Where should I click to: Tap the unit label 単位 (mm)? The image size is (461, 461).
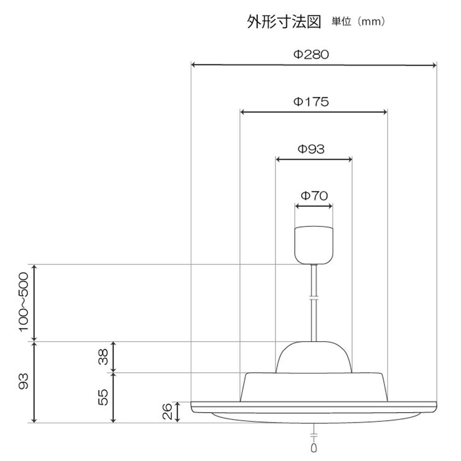click(x=358, y=22)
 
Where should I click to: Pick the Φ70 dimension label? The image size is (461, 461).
click(x=314, y=195)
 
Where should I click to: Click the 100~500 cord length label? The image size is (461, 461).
click(x=23, y=301)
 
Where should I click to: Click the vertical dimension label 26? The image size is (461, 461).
click(x=168, y=412)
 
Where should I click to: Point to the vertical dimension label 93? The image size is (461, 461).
click(x=23, y=381)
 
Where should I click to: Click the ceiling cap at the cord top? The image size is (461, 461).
click(x=314, y=244)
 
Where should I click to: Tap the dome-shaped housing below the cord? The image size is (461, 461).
click(x=313, y=357)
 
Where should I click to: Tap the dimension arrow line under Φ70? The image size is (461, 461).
click(x=314, y=206)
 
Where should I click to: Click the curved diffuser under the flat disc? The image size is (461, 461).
click(x=313, y=417)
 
